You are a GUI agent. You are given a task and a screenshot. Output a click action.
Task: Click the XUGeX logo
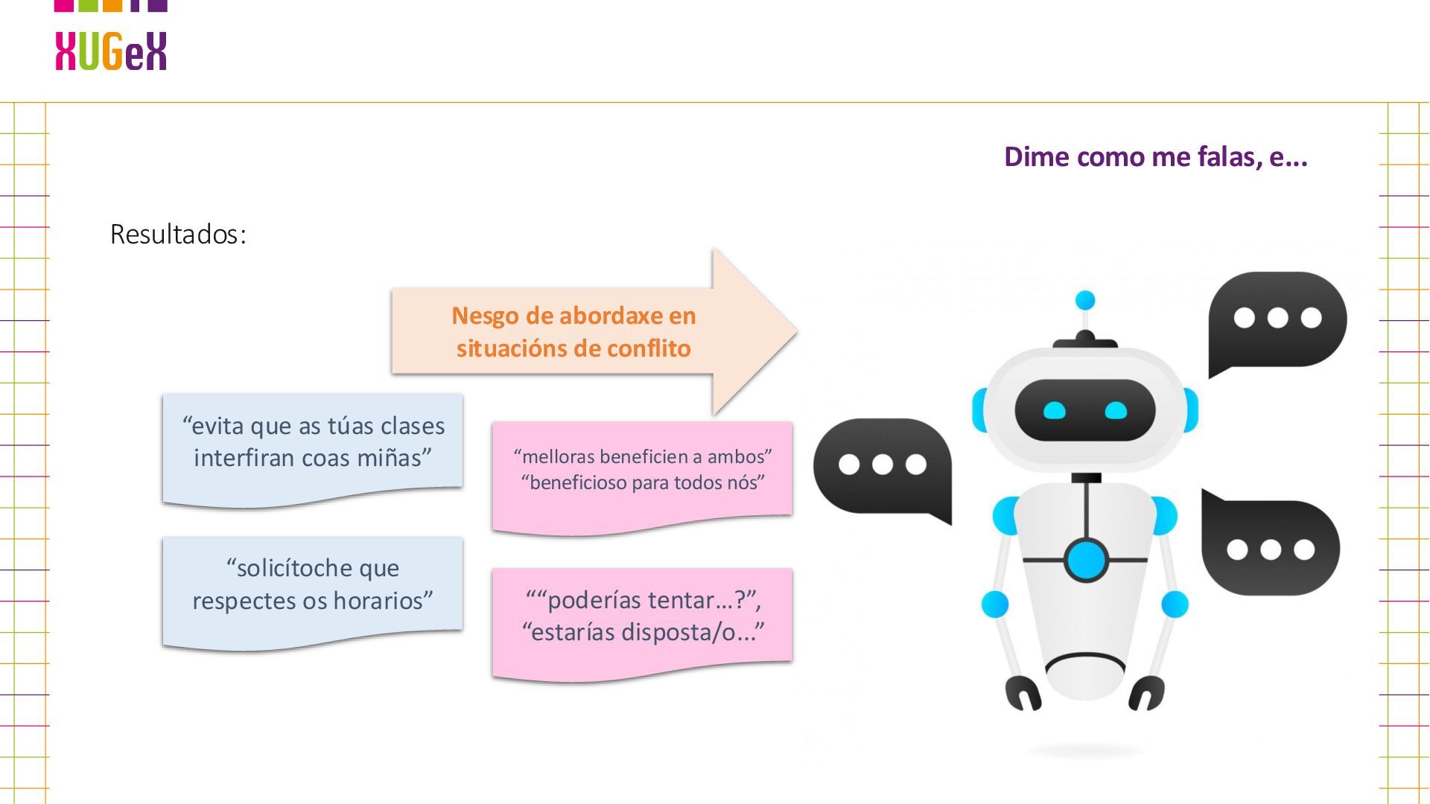click(x=111, y=51)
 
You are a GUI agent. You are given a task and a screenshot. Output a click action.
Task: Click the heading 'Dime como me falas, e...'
click(x=1155, y=157)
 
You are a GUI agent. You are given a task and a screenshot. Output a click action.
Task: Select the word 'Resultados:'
click(x=178, y=234)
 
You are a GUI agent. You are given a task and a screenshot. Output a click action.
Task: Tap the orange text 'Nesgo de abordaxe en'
click(x=573, y=316)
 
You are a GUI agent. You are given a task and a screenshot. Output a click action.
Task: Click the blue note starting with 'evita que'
click(x=313, y=447)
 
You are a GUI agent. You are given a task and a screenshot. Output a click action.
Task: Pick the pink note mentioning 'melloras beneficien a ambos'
click(x=642, y=473)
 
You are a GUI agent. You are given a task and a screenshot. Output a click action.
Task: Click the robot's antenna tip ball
click(x=1085, y=300)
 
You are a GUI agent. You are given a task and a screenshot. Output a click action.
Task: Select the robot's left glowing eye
click(x=1055, y=410)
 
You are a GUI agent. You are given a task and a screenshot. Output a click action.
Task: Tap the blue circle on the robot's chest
click(x=1086, y=560)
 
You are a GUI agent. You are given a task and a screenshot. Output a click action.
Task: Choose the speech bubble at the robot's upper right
click(x=1277, y=320)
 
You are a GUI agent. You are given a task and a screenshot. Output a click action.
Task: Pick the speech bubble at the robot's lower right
click(x=1271, y=547)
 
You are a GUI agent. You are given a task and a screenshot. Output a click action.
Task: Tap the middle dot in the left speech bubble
click(x=883, y=465)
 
